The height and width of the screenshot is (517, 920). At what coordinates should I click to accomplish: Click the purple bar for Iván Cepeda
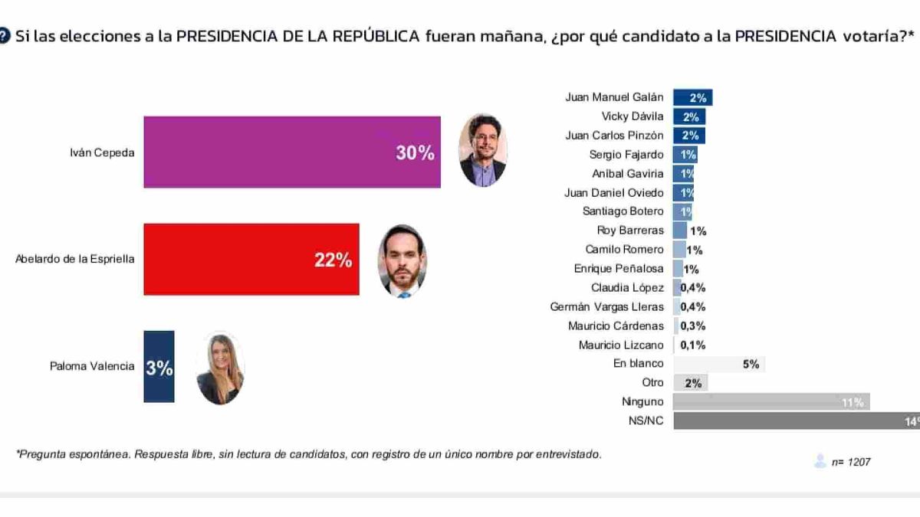(x=291, y=152)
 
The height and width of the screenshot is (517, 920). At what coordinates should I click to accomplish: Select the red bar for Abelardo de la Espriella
(x=251, y=259)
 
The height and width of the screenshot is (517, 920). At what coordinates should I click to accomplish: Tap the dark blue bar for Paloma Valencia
(x=159, y=367)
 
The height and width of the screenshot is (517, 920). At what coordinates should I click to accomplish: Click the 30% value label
(x=415, y=153)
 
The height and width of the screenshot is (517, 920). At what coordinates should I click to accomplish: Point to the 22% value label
(x=333, y=260)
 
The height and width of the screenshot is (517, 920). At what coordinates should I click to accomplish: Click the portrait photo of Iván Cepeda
(x=482, y=151)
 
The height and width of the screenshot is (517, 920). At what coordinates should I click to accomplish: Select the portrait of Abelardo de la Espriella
(x=402, y=261)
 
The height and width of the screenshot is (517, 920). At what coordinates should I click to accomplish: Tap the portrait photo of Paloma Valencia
(x=220, y=368)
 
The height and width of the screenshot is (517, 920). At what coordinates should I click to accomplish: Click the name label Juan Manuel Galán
(x=614, y=97)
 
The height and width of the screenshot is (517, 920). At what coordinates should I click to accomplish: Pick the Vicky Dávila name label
(x=632, y=116)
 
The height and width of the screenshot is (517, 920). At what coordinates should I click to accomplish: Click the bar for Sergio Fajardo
(x=685, y=155)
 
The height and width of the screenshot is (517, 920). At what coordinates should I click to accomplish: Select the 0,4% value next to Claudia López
(x=692, y=288)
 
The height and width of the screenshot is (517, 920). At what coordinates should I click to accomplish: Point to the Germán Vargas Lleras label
(x=607, y=307)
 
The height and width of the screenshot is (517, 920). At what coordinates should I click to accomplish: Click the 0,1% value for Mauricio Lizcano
(x=692, y=345)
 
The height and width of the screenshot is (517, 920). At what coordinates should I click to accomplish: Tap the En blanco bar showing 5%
(x=718, y=365)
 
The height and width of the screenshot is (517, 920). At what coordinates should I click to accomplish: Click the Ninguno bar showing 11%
(x=770, y=402)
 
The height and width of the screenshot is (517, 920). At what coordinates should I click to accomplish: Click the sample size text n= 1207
(x=851, y=462)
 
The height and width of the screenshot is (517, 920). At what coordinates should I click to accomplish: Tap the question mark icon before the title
(x=5, y=36)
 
